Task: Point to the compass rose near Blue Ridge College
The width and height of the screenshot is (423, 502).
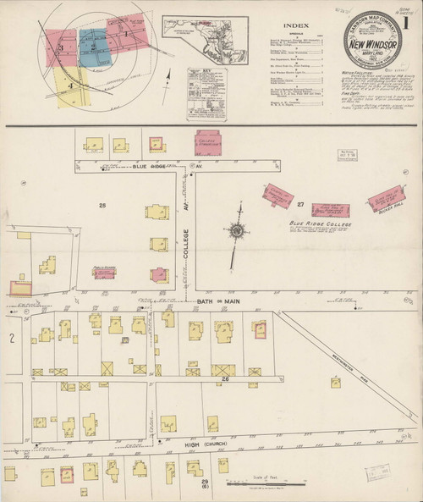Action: point(237,229)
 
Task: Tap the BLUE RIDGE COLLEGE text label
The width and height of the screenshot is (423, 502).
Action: point(321,224)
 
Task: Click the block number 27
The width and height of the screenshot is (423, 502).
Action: point(299,205)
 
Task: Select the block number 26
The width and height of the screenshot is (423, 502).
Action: point(227,379)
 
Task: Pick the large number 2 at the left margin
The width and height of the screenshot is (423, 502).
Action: point(12,339)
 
